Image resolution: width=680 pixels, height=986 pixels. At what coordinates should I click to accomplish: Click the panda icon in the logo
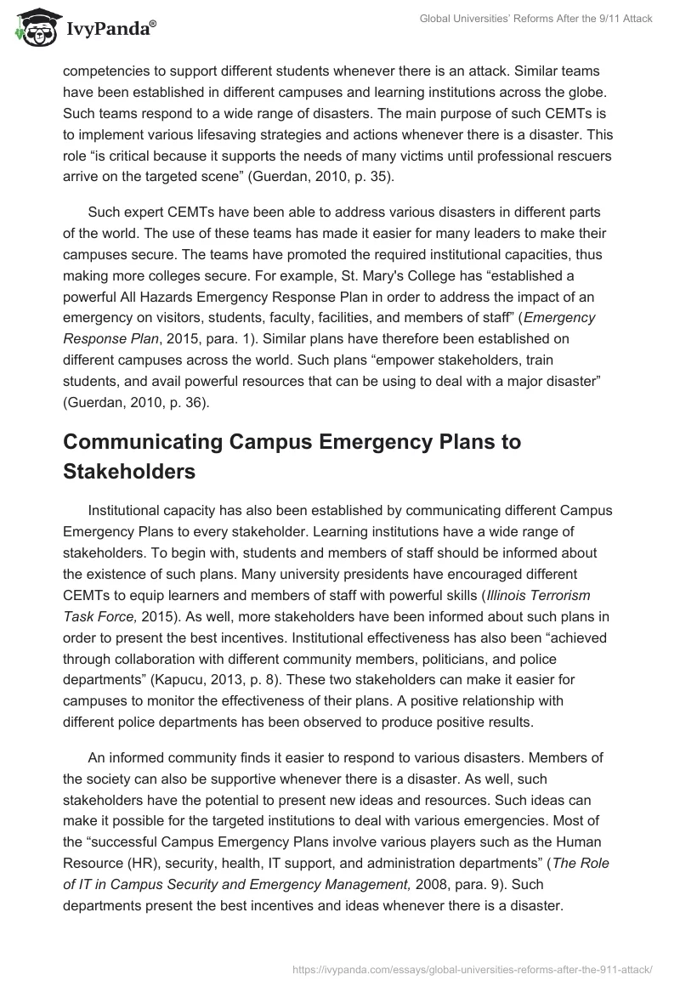[x=33, y=29]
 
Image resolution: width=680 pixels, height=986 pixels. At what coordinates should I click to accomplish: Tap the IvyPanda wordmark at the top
[x=111, y=30]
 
